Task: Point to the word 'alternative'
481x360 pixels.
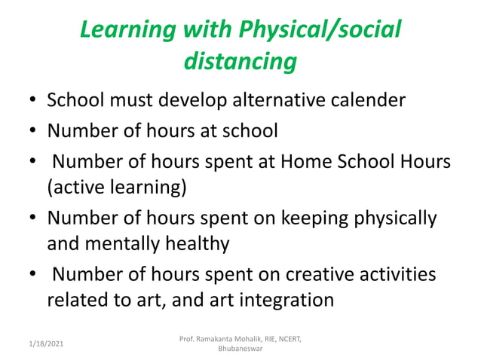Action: [x=264, y=100]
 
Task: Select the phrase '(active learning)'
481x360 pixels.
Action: [x=116, y=187]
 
